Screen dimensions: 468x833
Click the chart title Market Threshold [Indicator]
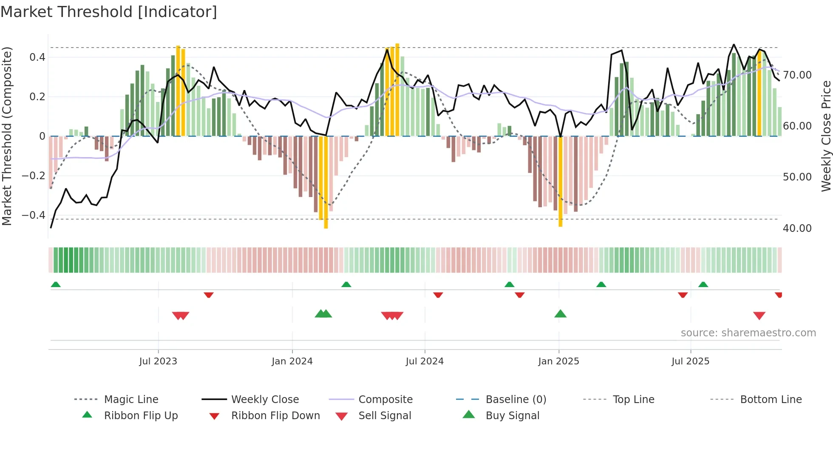click(109, 12)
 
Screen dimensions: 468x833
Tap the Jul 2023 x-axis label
click(158, 361)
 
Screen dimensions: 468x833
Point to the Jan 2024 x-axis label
click(292, 361)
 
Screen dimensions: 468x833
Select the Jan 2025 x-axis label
click(558, 361)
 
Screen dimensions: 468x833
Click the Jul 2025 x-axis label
click(690, 361)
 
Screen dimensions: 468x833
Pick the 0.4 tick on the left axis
click(37, 57)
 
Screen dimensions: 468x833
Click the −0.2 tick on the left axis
click(34, 175)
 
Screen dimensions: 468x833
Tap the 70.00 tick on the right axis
click(797, 75)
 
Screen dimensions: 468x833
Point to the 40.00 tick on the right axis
click(797, 228)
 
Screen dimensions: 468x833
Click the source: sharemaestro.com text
click(748, 333)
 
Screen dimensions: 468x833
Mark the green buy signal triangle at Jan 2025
click(560, 314)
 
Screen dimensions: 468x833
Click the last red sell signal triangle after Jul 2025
click(759, 316)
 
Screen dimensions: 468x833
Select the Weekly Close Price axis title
click(826, 136)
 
